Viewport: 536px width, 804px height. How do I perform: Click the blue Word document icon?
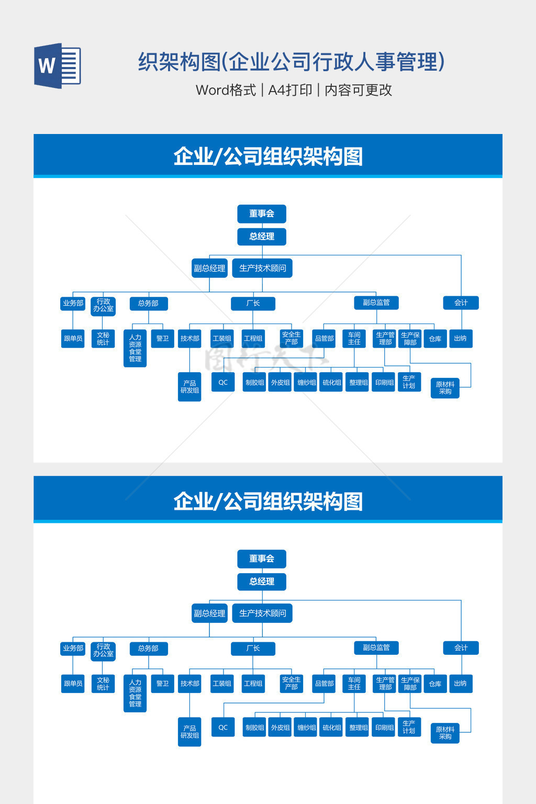(57, 65)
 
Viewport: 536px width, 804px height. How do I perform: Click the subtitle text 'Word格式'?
(226, 90)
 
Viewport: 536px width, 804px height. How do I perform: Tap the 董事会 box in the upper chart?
(262, 214)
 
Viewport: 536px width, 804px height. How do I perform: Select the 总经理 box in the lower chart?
(262, 581)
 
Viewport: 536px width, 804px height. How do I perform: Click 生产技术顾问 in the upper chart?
(262, 268)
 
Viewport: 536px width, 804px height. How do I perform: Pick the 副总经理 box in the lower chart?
(209, 613)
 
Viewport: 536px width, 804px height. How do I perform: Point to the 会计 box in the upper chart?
(461, 303)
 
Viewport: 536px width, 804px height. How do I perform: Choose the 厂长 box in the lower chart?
(253, 648)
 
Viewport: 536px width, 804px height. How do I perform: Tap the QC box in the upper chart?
(223, 382)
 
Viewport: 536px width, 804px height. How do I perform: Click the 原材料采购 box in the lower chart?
(445, 733)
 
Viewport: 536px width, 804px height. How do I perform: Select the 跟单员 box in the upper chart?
(73, 338)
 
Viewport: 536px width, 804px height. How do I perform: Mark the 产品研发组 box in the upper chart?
(189, 387)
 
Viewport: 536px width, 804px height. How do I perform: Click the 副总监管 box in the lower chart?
(376, 647)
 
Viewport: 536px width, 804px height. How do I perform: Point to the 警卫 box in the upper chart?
(162, 338)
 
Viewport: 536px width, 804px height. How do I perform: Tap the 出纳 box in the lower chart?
(460, 683)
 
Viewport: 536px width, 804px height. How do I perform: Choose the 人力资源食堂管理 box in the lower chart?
(135, 693)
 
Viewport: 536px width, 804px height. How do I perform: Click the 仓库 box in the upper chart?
(435, 339)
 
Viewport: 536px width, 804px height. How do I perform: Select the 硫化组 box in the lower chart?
(332, 727)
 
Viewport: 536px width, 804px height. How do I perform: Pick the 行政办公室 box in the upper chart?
(103, 305)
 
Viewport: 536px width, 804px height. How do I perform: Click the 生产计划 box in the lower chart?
(409, 727)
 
